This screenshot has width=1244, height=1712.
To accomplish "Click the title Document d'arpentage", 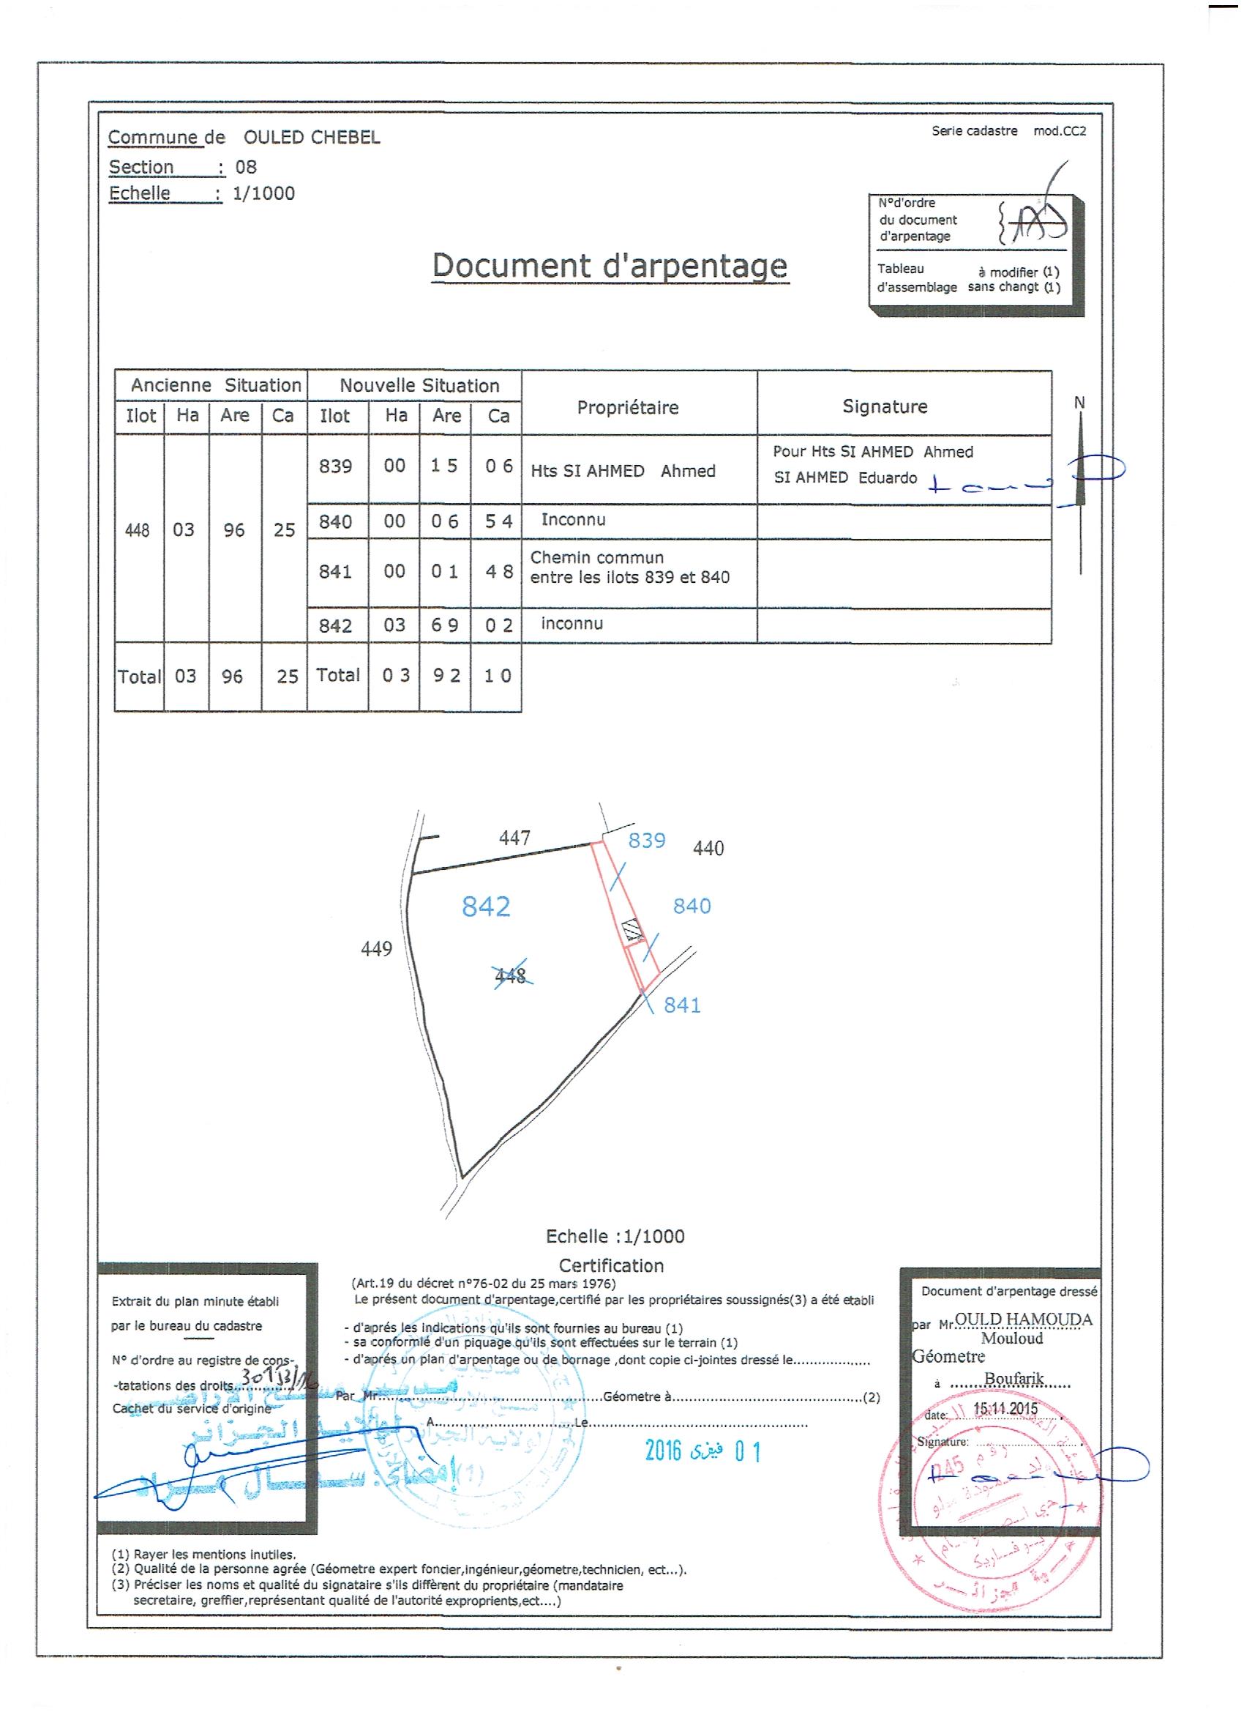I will pyautogui.click(x=610, y=266).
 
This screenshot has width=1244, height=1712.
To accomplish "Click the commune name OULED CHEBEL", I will pyautogui.click(x=312, y=138).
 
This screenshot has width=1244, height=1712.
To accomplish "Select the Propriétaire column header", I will pyautogui.click(x=628, y=408).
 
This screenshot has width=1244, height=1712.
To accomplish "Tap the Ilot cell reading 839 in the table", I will pyautogui.click(x=335, y=466).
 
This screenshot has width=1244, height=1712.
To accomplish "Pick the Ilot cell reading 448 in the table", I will pyautogui.click(x=138, y=531).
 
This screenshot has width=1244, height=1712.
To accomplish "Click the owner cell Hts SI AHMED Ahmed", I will pyautogui.click(x=623, y=471).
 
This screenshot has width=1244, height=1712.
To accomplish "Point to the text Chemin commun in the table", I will pyautogui.click(x=596, y=558).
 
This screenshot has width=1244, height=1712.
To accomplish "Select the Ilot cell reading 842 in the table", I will pyautogui.click(x=335, y=626).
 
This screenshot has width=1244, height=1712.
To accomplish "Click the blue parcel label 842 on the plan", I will pyautogui.click(x=486, y=906).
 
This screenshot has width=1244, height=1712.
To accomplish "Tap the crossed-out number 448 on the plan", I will pyautogui.click(x=511, y=976).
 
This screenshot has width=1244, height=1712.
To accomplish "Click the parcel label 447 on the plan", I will pyautogui.click(x=514, y=837).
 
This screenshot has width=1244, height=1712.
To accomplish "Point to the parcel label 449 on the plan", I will pyautogui.click(x=376, y=949).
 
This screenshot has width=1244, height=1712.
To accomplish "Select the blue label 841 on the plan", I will pyautogui.click(x=682, y=1005).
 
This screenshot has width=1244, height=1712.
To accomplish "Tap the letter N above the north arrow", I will pyautogui.click(x=1079, y=403).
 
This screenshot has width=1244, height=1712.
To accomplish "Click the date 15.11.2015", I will pyautogui.click(x=1005, y=1409).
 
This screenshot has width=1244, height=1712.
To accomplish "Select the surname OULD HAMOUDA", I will pyautogui.click(x=1023, y=1320).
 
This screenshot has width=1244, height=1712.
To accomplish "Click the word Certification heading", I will pyautogui.click(x=611, y=1266).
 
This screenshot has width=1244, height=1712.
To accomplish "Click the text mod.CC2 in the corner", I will pyautogui.click(x=1060, y=130).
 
